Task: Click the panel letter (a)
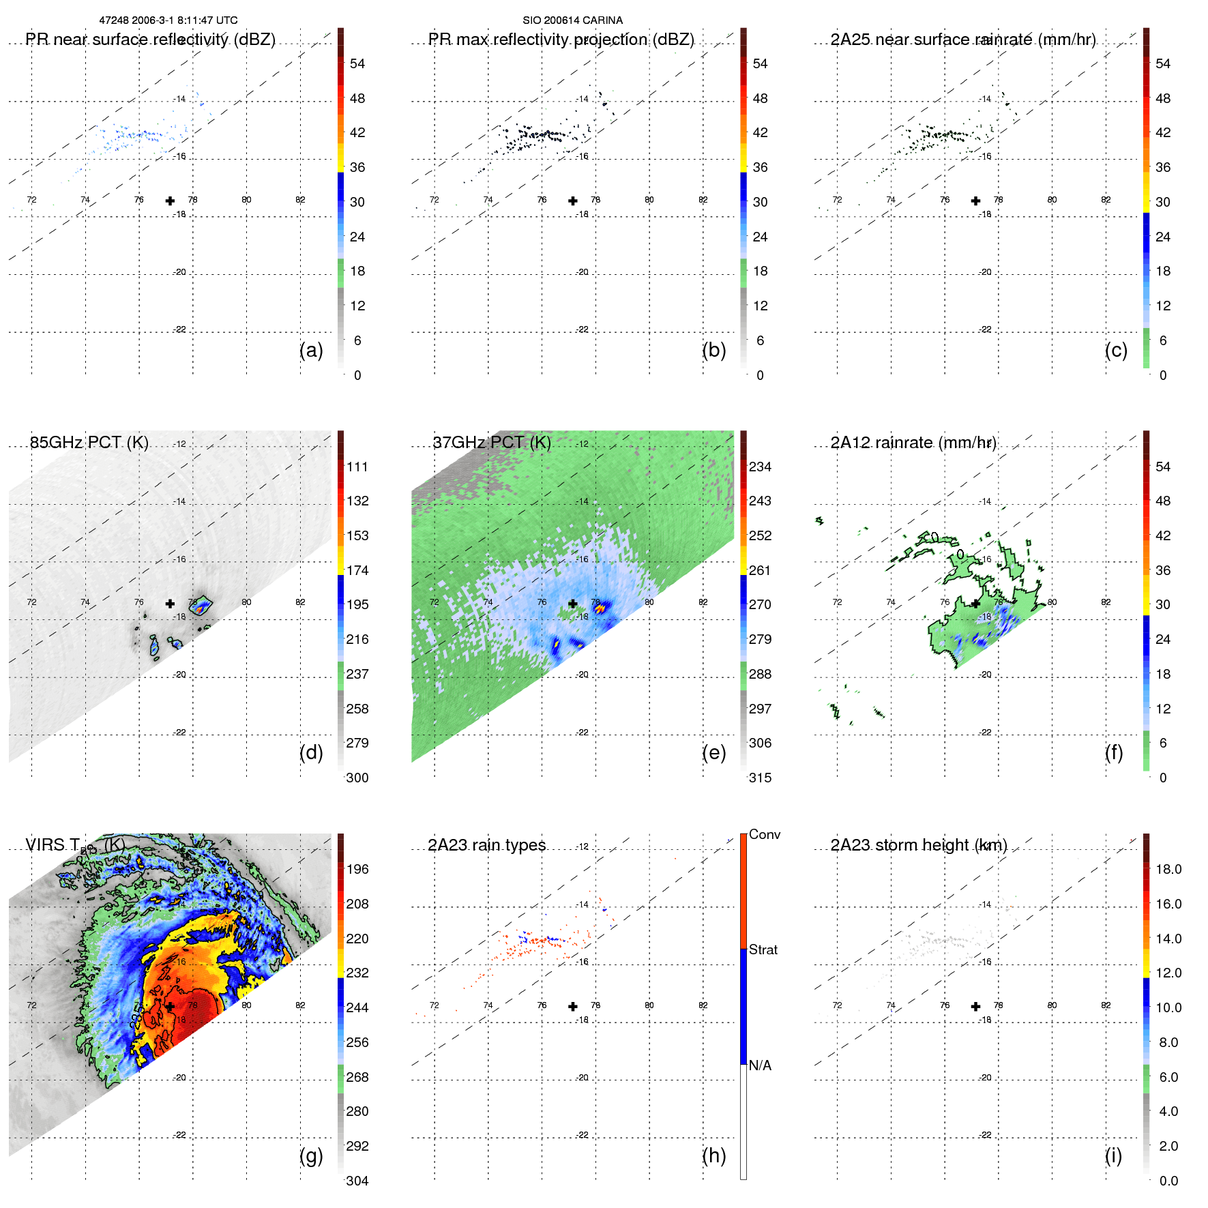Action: point(311,351)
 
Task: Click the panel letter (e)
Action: point(713,753)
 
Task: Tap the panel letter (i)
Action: point(1113,1155)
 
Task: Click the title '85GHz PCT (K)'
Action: point(89,442)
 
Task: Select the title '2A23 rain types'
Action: point(487,845)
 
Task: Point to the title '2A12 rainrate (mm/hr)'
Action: point(913,442)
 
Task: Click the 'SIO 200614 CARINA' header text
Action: point(572,20)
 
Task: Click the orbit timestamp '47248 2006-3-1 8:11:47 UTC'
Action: point(168,20)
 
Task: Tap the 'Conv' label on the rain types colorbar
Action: point(765,834)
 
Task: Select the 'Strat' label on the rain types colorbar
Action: point(763,949)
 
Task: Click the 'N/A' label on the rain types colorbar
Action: point(761,1065)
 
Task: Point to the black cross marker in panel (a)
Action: point(170,201)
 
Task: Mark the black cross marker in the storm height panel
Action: point(976,1007)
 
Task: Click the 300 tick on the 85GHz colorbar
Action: point(357,778)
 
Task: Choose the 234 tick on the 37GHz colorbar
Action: point(760,467)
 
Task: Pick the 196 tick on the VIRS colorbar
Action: point(357,869)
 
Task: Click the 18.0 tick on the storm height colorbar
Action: point(1168,869)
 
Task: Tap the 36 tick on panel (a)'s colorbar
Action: point(357,167)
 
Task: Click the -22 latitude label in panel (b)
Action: point(582,329)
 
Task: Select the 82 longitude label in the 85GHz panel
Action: point(300,602)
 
